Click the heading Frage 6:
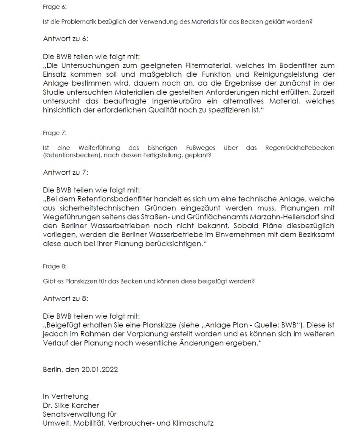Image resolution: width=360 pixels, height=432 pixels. (52, 7)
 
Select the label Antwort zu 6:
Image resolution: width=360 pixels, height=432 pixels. (65, 38)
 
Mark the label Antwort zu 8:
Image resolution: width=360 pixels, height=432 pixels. (65, 298)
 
